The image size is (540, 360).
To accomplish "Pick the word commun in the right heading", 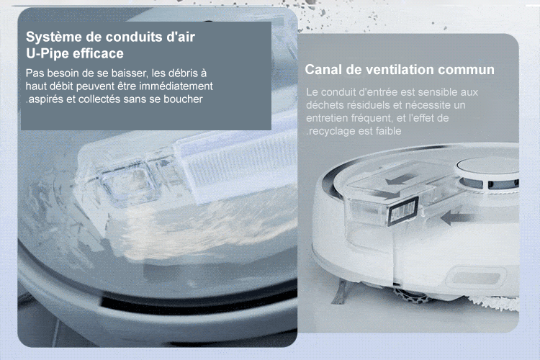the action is point(467,70).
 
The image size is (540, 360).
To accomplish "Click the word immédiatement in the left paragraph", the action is point(176,86).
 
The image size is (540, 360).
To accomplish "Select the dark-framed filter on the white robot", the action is point(403,211).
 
